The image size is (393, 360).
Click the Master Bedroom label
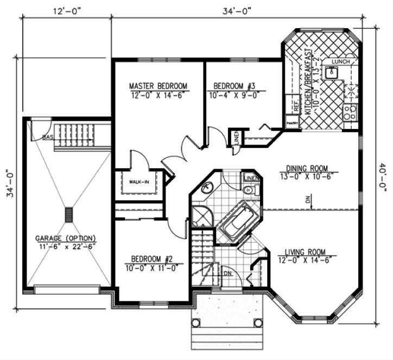tap(158, 86)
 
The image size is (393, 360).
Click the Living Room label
tap(305, 252)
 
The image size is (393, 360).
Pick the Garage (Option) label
tap(66, 238)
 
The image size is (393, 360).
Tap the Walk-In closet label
tap(138, 182)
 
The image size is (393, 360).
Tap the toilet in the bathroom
tap(248, 190)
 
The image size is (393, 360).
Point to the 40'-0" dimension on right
tap(383, 178)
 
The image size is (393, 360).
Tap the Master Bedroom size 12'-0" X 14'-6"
tap(158, 94)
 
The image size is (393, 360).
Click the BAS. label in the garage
tap(48, 137)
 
